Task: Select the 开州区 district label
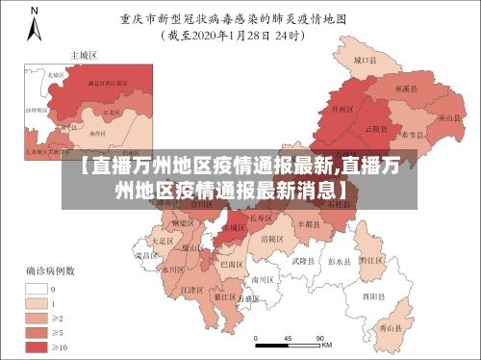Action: [x=338, y=111]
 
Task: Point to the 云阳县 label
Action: [x=375, y=128]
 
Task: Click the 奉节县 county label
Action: [x=415, y=134]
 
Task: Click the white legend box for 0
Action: [x=37, y=288]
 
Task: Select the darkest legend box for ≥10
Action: [x=37, y=345]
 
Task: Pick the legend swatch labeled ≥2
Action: [x=37, y=317]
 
